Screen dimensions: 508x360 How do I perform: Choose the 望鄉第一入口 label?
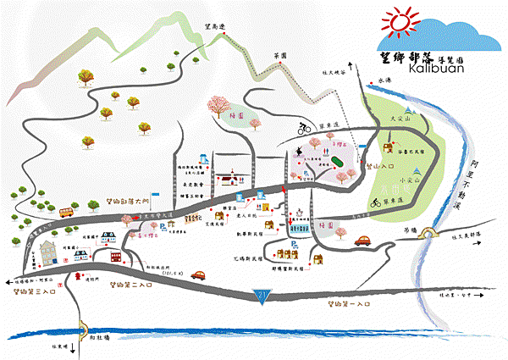tap(350, 303)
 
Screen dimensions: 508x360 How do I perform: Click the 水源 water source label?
tap(387, 80)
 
